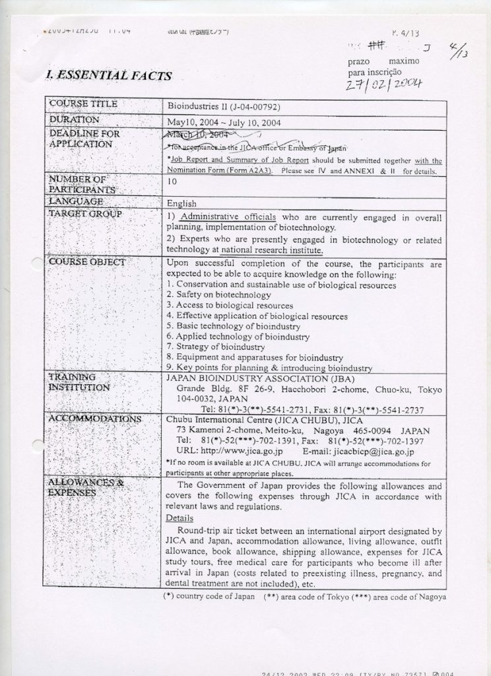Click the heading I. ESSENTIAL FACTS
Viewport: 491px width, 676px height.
[109, 75]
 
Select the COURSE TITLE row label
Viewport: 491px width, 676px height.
[83, 104]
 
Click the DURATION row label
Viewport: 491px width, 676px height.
[74, 120]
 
